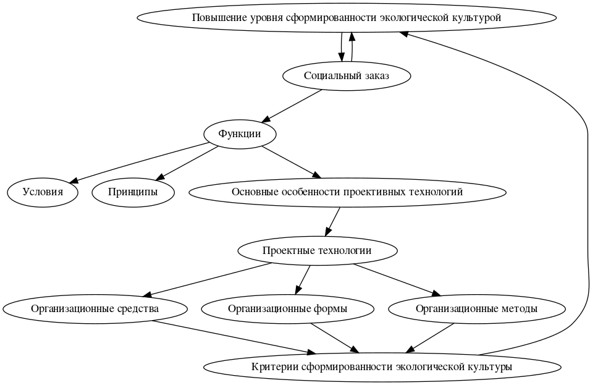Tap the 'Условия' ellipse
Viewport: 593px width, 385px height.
[x=43, y=192]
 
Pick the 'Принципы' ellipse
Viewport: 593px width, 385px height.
[x=133, y=192]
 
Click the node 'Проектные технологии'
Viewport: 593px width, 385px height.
[x=317, y=250]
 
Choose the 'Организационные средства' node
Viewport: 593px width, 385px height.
[x=95, y=308]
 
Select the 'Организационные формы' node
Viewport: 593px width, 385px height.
[x=287, y=308]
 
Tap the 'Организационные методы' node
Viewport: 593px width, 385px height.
[x=476, y=308]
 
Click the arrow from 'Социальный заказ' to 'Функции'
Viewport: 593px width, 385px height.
[x=293, y=104]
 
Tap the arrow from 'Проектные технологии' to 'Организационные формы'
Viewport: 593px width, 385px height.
[x=302, y=279]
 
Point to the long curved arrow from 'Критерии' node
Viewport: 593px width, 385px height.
[x=584, y=185]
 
